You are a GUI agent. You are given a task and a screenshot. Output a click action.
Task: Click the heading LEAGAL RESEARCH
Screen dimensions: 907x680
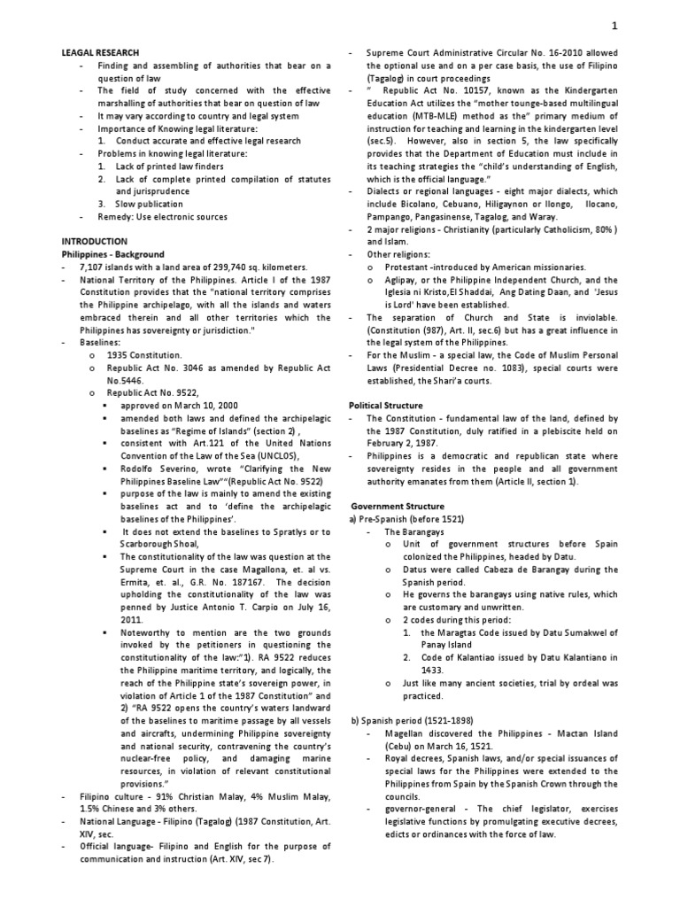(x=101, y=53)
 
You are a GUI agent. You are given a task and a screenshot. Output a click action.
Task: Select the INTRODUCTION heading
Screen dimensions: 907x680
(x=94, y=241)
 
